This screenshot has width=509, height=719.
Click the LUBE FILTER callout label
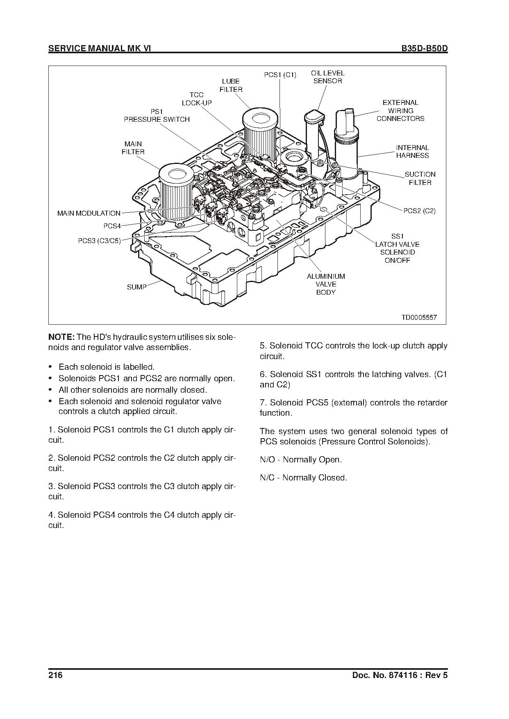(x=231, y=85)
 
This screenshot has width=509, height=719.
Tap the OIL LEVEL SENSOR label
(x=327, y=77)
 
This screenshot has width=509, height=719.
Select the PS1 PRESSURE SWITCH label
(x=157, y=116)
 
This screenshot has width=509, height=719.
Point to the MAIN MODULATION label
(x=89, y=213)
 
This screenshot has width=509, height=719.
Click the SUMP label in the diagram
(x=136, y=287)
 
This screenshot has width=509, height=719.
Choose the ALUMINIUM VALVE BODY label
(x=326, y=284)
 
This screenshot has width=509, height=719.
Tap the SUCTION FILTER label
(x=420, y=178)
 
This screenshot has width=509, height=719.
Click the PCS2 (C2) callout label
(x=419, y=211)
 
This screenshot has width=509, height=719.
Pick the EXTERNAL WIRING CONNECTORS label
(x=400, y=111)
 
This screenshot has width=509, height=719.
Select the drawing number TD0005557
(x=419, y=317)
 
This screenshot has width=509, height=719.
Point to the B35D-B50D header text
(x=424, y=48)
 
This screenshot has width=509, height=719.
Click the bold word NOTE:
(x=61, y=337)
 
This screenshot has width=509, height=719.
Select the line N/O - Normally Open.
(x=301, y=460)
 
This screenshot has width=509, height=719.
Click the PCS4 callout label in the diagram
(x=112, y=226)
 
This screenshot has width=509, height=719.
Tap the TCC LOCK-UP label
(x=197, y=99)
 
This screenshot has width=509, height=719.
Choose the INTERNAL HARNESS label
(x=412, y=152)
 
